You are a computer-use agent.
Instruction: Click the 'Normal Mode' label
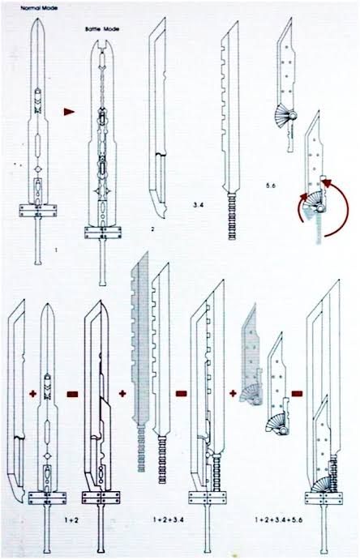pyautogui.click(x=39, y=8)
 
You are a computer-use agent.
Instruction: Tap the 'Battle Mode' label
pyautogui.click(x=102, y=29)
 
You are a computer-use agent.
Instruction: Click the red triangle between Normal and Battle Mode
pyautogui.click(x=69, y=112)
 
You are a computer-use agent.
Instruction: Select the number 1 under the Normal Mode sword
pyautogui.click(x=56, y=250)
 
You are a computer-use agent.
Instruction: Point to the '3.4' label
pyautogui.click(x=199, y=205)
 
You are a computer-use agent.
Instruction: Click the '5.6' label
pyautogui.click(x=270, y=186)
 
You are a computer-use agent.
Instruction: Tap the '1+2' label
pyautogui.click(x=71, y=520)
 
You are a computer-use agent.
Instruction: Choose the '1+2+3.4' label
pyautogui.click(x=168, y=519)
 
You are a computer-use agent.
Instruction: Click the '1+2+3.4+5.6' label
pyautogui.click(x=279, y=519)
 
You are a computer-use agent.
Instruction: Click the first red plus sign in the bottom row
pyautogui.click(x=33, y=394)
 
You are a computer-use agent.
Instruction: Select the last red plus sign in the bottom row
pyautogui.click(x=234, y=394)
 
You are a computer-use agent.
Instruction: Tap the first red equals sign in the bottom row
pyautogui.click(x=72, y=394)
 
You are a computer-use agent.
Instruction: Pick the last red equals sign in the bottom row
pyautogui.click(x=297, y=394)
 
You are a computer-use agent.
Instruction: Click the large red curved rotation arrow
pyautogui.click(x=348, y=207)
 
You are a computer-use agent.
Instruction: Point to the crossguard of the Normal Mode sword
pyautogui.click(x=38, y=211)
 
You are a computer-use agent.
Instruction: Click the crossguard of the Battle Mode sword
pyautogui.click(x=103, y=233)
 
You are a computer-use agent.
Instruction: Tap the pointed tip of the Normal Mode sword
pyautogui.click(x=37, y=19)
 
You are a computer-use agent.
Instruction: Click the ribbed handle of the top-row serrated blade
pyautogui.click(x=232, y=216)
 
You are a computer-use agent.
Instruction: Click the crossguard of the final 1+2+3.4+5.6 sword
pyautogui.click(x=324, y=498)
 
